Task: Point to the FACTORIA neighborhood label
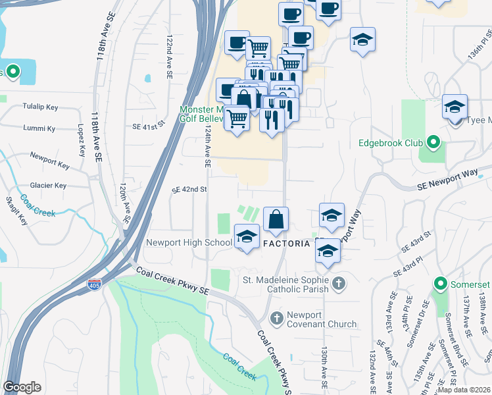[286, 244]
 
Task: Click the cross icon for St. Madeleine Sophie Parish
[338, 284]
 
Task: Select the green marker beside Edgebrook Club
[433, 142]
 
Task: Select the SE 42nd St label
[189, 189]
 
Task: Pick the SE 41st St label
[147, 127]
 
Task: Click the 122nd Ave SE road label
[169, 58]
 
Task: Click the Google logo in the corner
[22, 388]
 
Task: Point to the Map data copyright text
[464, 390]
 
